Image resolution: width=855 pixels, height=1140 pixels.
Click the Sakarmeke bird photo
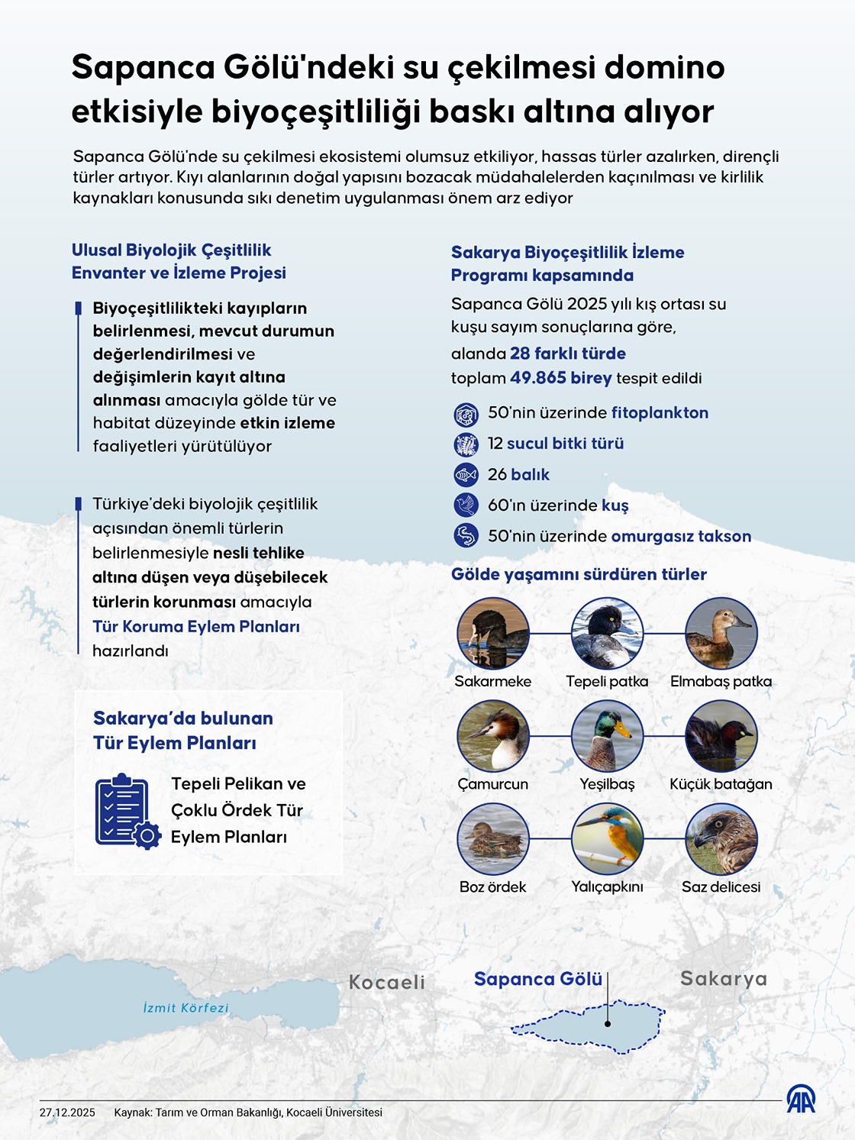(x=493, y=634)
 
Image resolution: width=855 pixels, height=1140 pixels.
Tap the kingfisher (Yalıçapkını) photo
(x=607, y=839)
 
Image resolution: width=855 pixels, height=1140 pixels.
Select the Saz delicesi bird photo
(x=721, y=839)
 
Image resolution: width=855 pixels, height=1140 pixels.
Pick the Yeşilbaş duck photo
(x=607, y=736)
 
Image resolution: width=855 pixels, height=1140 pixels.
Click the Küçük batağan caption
(x=721, y=784)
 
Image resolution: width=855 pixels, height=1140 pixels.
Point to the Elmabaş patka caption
(x=721, y=681)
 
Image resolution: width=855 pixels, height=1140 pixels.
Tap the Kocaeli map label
(x=386, y=982)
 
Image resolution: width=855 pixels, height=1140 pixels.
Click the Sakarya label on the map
(x=724, y=978)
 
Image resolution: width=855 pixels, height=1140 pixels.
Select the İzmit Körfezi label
(x=186, y=1008)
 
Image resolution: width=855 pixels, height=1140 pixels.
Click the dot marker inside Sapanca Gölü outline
(x=608, y=1024)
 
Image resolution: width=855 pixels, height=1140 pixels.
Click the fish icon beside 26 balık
(x=466, y=474)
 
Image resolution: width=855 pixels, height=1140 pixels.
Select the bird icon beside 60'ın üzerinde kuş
(x=466, y=505)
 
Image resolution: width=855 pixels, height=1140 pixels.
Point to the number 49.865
(x=538, y=378)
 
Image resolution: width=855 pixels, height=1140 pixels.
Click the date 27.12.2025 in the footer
(x=67, y=1113)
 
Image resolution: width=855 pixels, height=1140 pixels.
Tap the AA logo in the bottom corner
(x=801, y=1100)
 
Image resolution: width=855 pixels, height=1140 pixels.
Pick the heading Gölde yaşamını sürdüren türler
(x=579, y=574)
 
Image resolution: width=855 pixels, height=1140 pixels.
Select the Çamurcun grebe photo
(x=493, y=736)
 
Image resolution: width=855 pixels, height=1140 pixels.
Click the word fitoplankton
(x=660, y=412)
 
